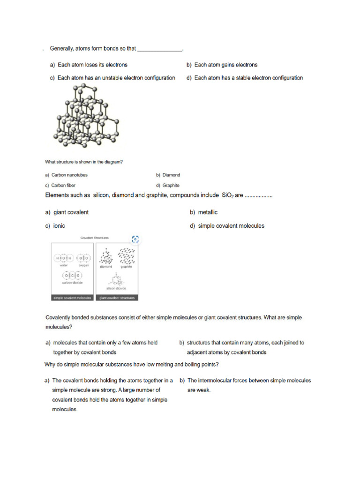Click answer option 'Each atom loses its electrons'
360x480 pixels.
point(92,65)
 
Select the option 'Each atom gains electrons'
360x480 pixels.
point(225,65)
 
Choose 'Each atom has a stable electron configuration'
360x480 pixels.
point(248,78)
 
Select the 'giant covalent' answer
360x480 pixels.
point(71,212)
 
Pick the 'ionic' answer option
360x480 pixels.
point(59,226)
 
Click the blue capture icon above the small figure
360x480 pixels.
point(135,239)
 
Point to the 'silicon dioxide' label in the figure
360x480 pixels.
point(117,288)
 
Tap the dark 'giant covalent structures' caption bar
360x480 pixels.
point(117,298)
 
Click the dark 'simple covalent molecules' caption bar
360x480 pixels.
point(72,298)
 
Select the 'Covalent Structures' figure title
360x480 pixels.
point(95,238)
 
